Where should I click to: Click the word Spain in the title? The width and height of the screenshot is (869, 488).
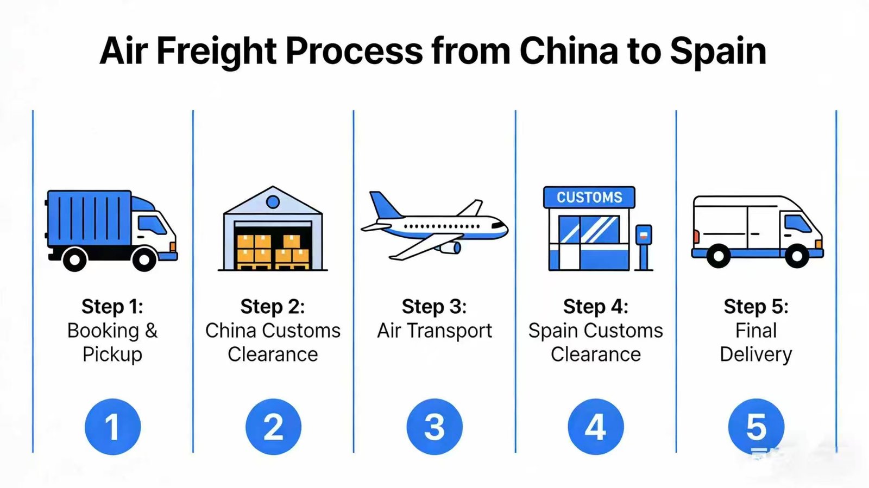[x=717, y=52]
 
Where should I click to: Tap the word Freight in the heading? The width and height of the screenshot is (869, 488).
[x=217, y=52]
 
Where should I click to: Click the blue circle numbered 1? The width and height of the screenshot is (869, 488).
[x=112, y=427]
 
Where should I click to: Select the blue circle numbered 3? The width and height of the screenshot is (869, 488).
[x=434, y=427]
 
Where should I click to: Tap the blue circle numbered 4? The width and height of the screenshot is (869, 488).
[x=595, y=427]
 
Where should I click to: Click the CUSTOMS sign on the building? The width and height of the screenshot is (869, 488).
[x=589, y=197]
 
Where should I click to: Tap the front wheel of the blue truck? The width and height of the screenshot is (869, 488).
[x=144, y=259]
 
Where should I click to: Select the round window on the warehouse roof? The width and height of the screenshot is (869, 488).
[x=273, y=202]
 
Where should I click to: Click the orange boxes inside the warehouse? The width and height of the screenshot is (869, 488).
[x=273, y=251]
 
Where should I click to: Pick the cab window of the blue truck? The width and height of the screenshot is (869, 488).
[x=152, y=224]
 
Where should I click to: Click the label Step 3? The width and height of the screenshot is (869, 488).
[x=434, y=307]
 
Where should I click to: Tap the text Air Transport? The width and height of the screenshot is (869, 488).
[x=434, y=331]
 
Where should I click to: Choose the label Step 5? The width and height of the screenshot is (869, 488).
[x=755, y=307]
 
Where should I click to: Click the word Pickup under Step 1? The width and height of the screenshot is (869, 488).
[x=112, y=354]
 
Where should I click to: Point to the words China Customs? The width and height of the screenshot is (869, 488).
[x=273, y=331]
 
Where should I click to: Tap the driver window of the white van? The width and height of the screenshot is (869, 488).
[x=797, y=223]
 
